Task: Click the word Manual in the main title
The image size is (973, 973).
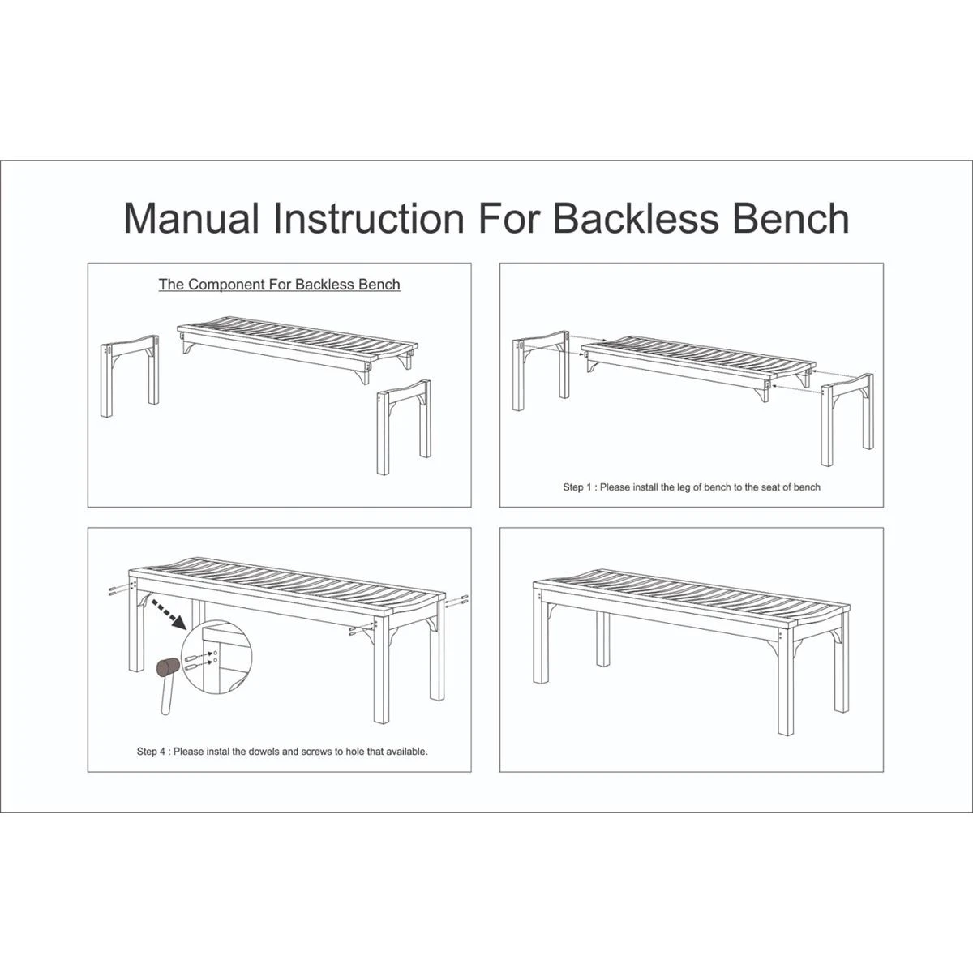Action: (191, 218)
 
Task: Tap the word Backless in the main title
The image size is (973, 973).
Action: (636, 218)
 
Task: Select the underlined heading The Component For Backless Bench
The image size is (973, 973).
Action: (279, 285)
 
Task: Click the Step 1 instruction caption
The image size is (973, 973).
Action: (692, 487)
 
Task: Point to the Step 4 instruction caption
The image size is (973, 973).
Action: (282, 752)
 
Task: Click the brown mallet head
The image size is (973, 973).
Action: (168, 667)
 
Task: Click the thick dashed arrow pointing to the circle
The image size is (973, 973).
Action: (168, 615)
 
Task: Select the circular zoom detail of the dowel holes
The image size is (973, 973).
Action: (216, 658)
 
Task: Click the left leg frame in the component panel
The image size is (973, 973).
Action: (130, 375)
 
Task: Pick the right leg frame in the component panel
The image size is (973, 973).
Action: (404, 426)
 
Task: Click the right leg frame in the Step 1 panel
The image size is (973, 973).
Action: (847, 419)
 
